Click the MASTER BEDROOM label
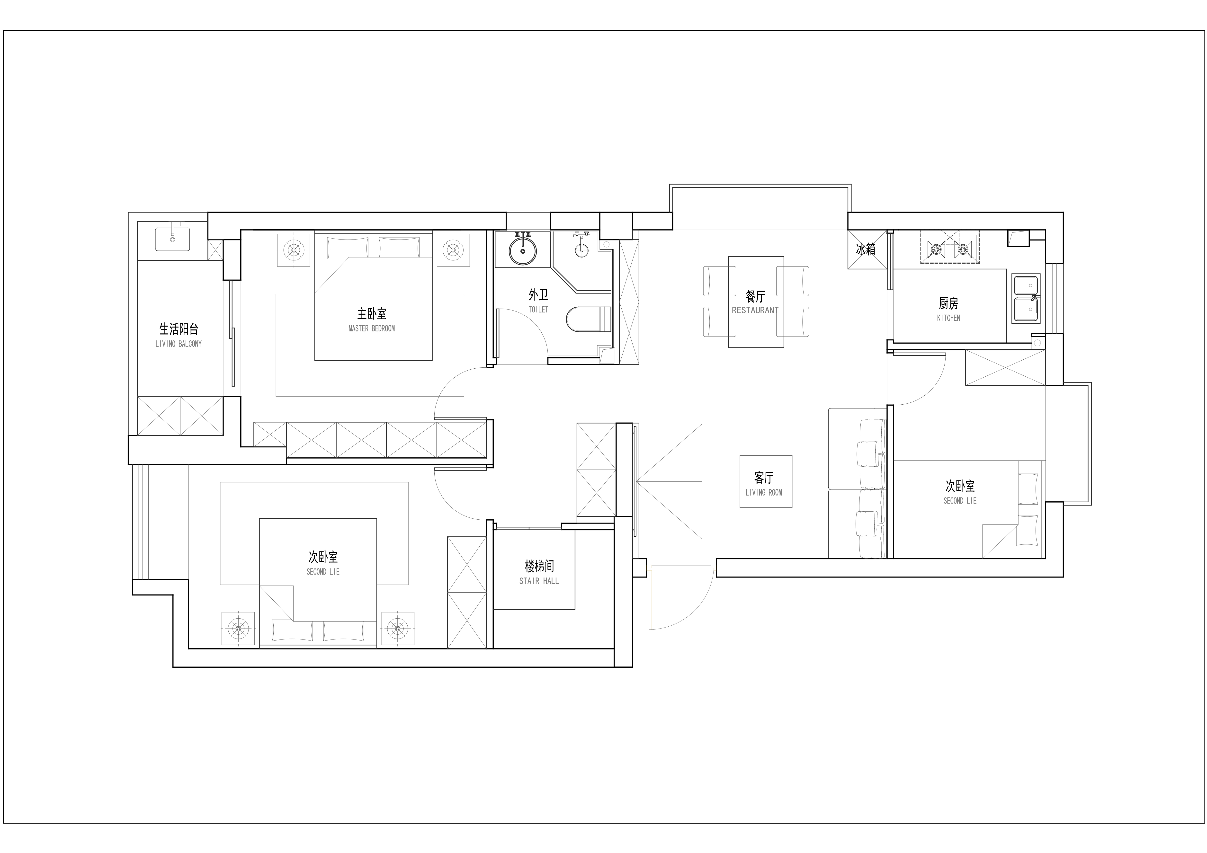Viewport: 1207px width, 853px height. (x=372, y=329)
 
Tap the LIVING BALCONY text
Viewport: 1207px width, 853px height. (x=179, y=344)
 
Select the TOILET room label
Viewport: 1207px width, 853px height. (x=538, y=310)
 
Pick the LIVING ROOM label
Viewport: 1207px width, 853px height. (x=764, y=492)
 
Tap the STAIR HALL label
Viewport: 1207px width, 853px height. (x=539, y=581)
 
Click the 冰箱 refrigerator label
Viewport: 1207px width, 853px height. (x=866, y=249)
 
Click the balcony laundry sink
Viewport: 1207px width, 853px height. (x=172, y=239)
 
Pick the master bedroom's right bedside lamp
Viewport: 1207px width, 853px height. (x=453, y=250)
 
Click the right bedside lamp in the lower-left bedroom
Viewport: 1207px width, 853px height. (x=397, y=628)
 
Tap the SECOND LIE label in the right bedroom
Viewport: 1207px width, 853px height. (x=960, y=501)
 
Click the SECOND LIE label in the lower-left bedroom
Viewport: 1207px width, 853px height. (x=323, y=572)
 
